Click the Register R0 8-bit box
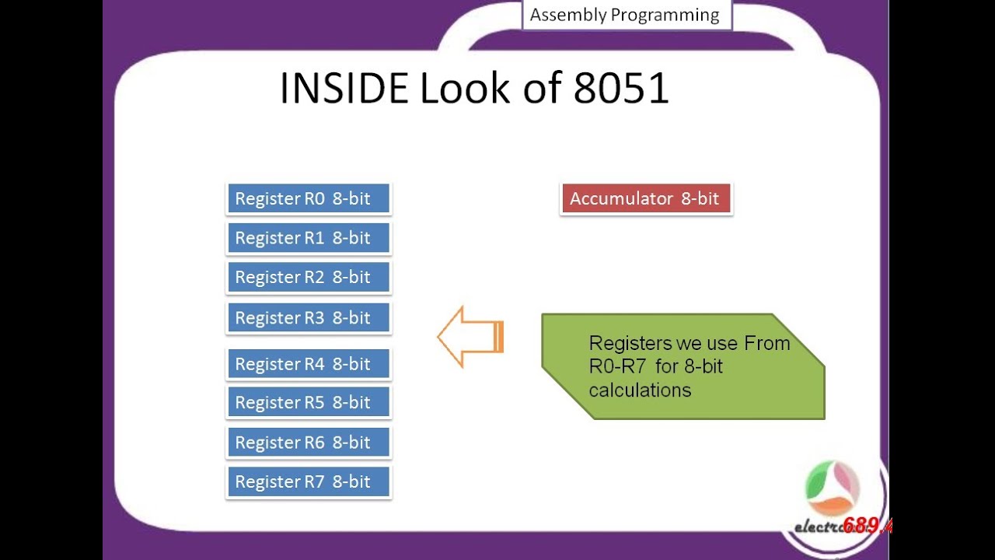[309, 198]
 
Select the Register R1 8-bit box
[309, 238]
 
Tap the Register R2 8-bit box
[309, 278]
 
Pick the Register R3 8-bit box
[309, 317]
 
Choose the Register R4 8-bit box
[309, 363]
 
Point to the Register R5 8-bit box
[309, 403]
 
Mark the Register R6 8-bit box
[309, 443]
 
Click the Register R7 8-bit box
[309, 482]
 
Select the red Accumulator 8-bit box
[645, 198]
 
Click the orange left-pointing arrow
[470, 337]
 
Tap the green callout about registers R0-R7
[683, 366]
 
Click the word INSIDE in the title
[344, 89]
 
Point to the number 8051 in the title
[621, 89]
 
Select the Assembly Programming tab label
[625, 15]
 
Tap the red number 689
[864, 526]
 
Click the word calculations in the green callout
[640, 390]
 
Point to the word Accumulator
[621, 198]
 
